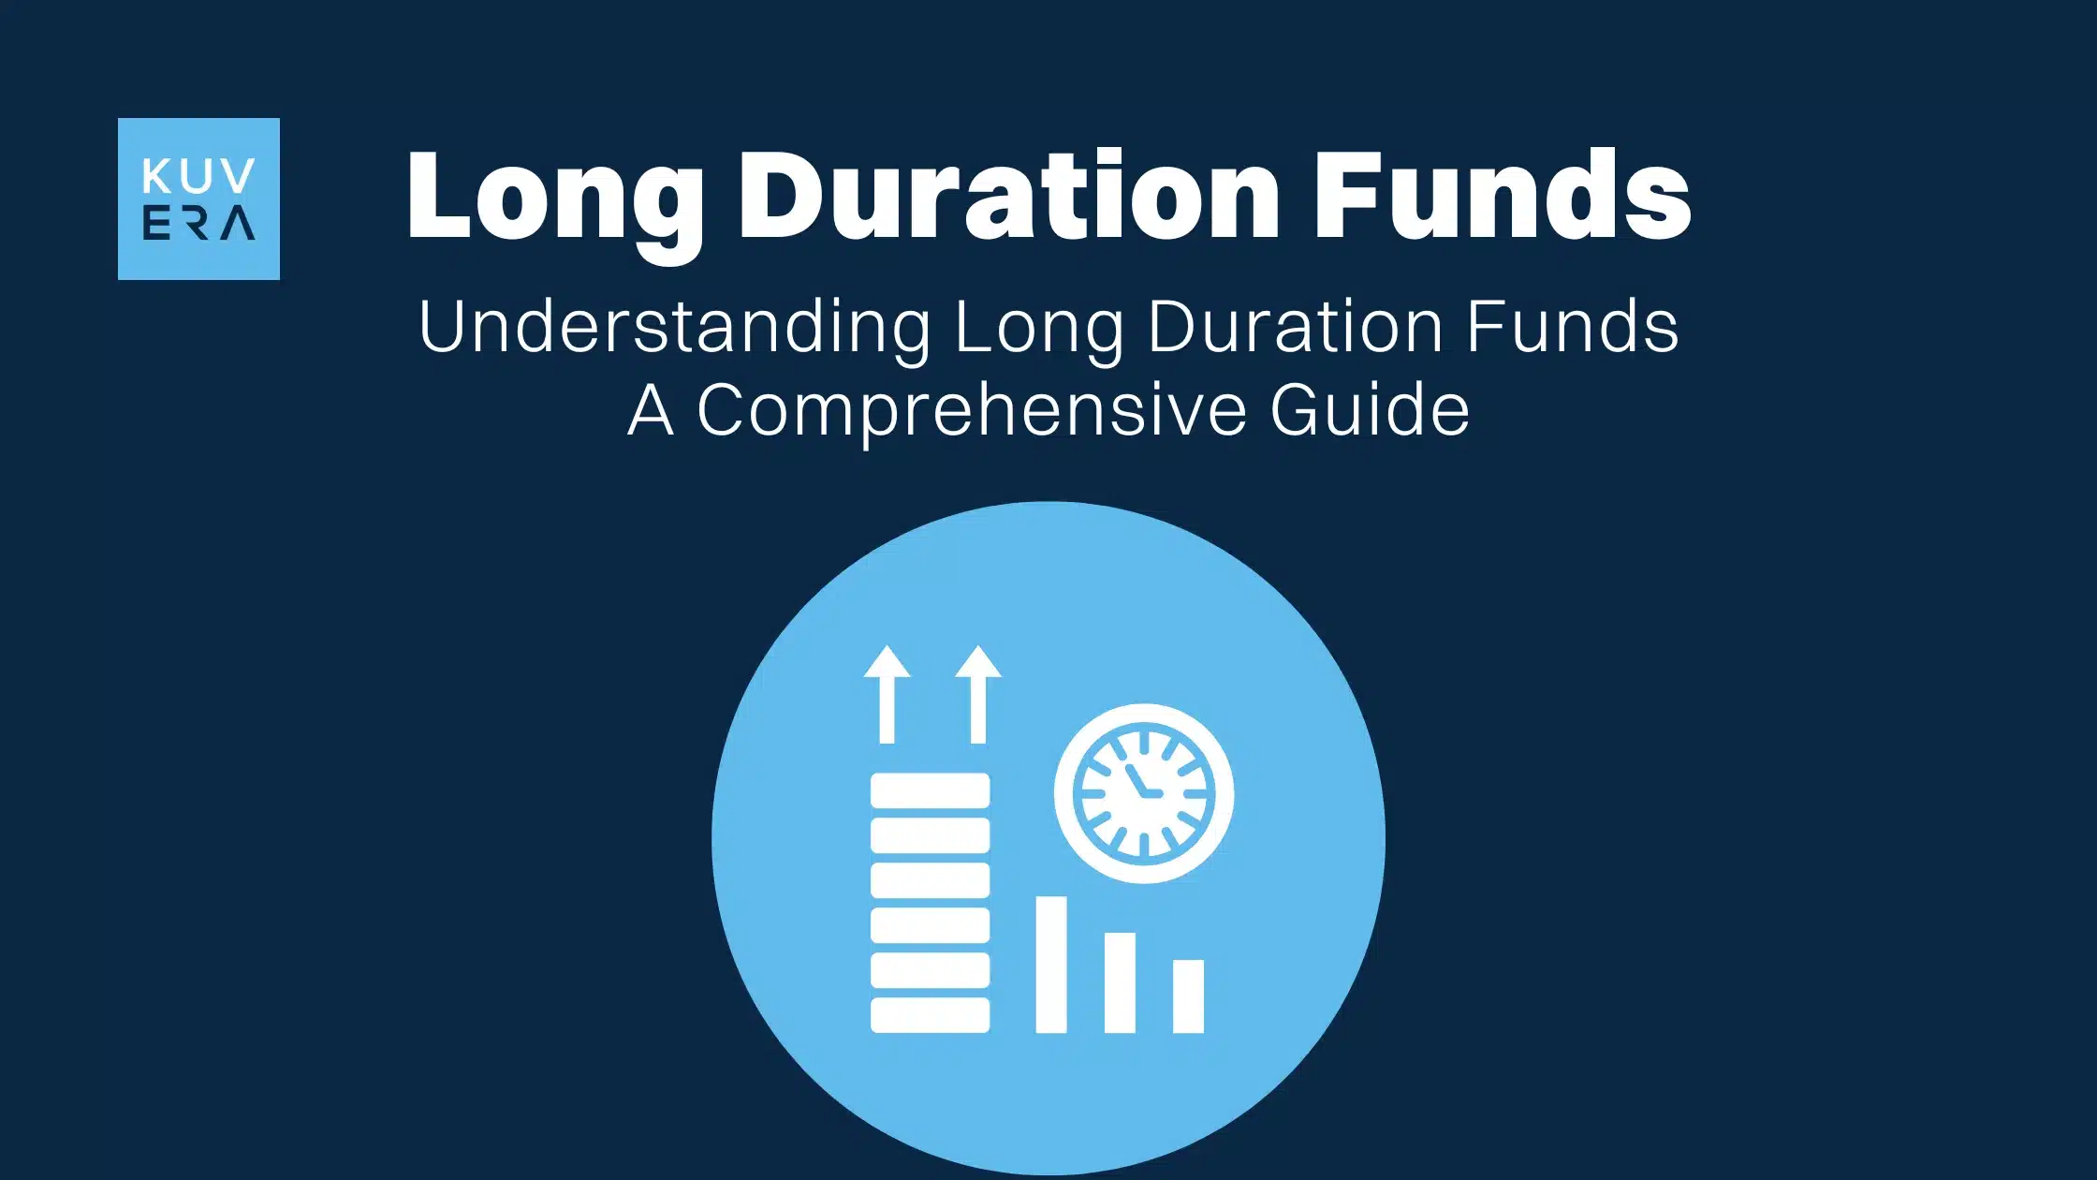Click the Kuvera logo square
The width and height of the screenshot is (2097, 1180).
[x=198, y=199]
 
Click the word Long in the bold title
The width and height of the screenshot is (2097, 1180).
[x=554, y=197]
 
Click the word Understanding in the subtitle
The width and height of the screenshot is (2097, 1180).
[x=674, y=328]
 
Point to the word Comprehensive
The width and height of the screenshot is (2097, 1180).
[x=972, y=410]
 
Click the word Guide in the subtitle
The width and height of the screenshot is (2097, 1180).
[x=1369, y=410]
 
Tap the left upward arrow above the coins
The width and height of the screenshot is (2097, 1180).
[x=887, y=694]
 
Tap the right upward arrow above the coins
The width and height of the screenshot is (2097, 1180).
[x=978, y=694]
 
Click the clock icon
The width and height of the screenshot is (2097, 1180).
[x=1143, y=793]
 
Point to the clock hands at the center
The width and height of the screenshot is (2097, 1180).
[x=1142, y=786]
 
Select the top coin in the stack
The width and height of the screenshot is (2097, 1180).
[x=930, y=790]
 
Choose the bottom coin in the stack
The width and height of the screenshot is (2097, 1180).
[x=930, y=1015]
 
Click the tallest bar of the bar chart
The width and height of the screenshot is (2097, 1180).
[x=1051, y=965]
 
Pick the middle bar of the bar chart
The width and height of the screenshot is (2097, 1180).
[x=1120, y=982]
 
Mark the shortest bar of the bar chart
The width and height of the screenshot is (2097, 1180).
[x=1188, y=996]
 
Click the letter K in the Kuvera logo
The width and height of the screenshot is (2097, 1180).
[x=154, y=176]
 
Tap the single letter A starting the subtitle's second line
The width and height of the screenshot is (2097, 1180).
[x=651, y=410]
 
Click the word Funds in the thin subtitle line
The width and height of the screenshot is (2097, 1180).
[x=1572, y=328]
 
